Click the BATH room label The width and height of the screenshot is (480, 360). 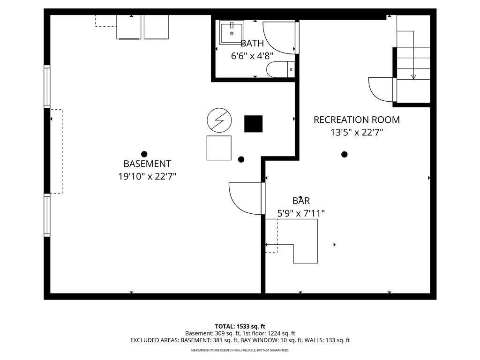[252, 44]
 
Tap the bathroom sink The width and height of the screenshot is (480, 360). [232, 32]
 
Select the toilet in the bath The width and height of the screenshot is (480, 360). [279, 70]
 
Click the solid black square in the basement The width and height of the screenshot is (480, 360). [253, 124]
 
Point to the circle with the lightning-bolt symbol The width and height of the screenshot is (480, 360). [219, 120]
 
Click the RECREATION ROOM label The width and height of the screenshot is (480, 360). [356, 120]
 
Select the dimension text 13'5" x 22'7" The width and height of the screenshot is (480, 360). [357, 133]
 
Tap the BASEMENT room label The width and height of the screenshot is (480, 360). [147, 164]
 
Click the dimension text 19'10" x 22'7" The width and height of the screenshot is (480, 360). [147, 177]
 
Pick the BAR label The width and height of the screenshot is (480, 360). [301, 201]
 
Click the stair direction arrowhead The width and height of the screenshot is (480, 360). [413, 77]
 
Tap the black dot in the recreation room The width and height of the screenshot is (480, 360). [345, 154]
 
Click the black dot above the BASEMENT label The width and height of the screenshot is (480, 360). [144, 154]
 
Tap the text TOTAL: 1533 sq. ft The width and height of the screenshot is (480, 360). [240, 326]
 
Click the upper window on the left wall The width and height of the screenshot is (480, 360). [47, 87]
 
